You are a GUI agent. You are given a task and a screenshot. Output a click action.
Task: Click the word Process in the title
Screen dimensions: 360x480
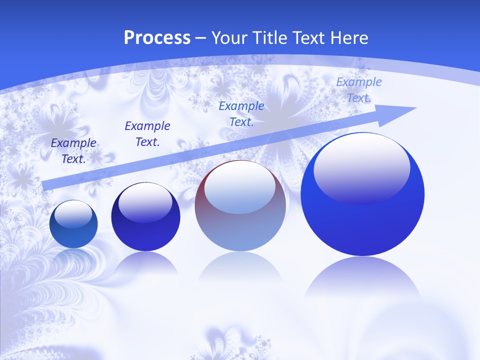[157, 38]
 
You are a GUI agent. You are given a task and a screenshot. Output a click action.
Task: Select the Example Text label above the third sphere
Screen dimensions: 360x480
[241, 113]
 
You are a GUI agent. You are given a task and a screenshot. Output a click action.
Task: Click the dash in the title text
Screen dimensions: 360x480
[201, 38]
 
